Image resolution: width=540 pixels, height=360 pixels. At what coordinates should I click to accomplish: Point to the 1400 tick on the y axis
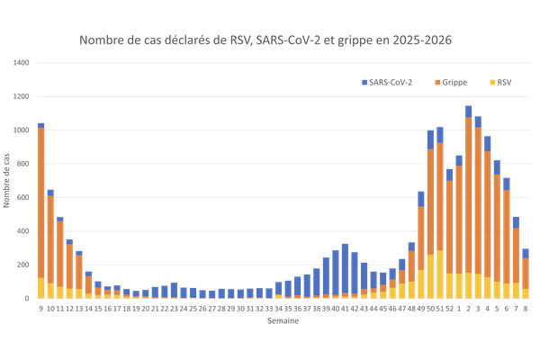pyautogui.click(x=22, y=63)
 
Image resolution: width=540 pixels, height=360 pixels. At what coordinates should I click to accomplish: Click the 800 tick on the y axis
pyautogui.click(x=24, y=164)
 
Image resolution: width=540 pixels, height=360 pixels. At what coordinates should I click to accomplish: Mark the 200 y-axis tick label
pyautogui.click(x=24, y=265)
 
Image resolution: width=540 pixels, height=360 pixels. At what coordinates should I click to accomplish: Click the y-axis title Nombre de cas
pyautogui.click(x=8, y=180)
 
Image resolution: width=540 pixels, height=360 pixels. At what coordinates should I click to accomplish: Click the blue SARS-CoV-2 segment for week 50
pyautogui.click(x=430, y=139)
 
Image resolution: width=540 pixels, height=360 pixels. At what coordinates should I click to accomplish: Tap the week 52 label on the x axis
pyautogui.click(x=449, y=308)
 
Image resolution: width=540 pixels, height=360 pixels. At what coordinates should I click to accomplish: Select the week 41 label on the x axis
pyautogui.click(x=345, y=308)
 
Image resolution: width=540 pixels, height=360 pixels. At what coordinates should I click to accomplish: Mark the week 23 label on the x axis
pyautogui.click(x=174, y=308)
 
